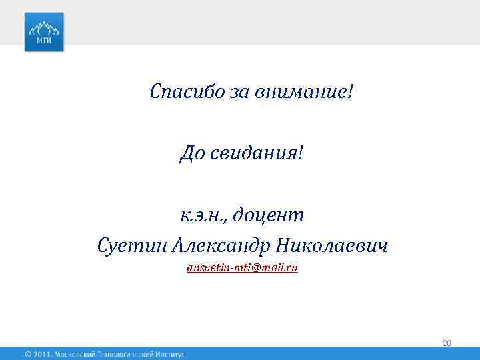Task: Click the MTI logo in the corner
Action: [44, 31]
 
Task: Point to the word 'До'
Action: [191, 155]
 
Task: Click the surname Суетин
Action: [131, 247]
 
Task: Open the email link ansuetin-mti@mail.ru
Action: [242, 267]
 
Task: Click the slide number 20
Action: [447, 343]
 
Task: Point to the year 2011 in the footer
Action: [43, 354]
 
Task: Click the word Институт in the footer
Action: [169, 354]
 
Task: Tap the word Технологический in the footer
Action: [126, 354]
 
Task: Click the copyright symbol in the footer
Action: [28, 354]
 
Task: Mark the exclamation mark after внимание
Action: [350, 90]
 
